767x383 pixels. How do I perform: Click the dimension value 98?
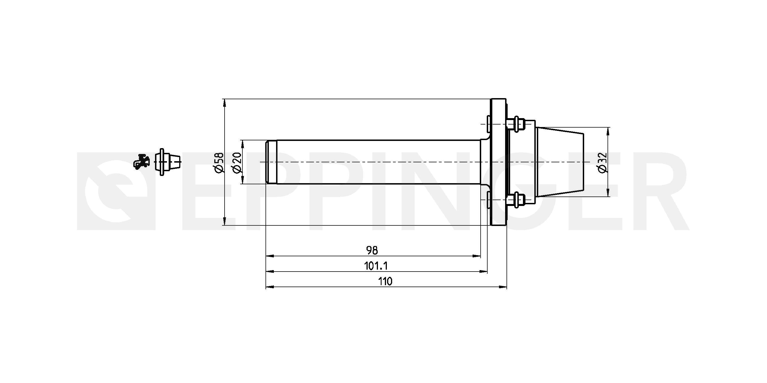click(372, 250)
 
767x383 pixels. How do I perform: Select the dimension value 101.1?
click(376, 266)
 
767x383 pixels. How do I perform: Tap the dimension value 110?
click(385, 281)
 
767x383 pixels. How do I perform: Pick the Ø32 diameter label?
click(602, 162)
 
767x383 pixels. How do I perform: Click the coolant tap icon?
click(141, 162)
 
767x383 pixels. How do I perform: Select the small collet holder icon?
click(168, 162)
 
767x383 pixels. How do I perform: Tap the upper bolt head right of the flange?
click(516, 123)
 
